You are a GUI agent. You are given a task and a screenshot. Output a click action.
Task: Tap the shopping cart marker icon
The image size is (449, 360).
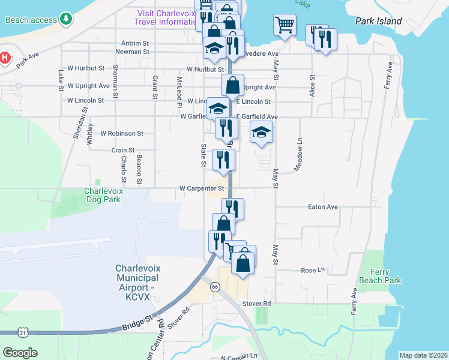(x=285, y=25)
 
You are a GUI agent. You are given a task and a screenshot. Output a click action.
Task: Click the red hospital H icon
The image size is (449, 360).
(x=5, y=58)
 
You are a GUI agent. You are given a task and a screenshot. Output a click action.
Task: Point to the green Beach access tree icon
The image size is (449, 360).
(x=66, y=20)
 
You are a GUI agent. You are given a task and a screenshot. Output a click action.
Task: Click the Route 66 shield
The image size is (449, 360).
(x=215, y=287)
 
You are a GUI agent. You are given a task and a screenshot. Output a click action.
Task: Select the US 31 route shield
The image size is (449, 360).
(x=23, y=332)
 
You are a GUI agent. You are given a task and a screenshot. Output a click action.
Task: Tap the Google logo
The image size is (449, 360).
(x=20, y=353)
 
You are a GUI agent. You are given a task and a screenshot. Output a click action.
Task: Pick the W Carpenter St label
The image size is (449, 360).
(x=202, y=188)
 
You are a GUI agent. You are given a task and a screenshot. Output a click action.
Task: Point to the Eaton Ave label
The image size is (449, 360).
(x=324, y=207)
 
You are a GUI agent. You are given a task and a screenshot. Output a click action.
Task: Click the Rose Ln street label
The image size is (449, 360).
(x=313, y=270)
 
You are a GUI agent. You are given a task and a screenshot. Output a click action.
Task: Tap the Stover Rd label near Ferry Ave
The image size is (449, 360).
(x=256, y=304)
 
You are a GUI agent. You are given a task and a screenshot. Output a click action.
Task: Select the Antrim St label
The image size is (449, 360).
(x=134, y=43)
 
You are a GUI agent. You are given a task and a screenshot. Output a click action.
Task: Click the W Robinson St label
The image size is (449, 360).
(x=122, y=133)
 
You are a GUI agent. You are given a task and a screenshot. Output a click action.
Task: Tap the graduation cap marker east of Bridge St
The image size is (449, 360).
(x=261, y=133)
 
